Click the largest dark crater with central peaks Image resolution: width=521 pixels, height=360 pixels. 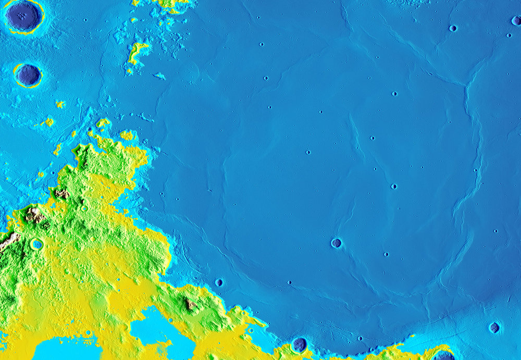[x=23, y=16]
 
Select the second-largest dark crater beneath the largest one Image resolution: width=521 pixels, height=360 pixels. [x=28, y=76]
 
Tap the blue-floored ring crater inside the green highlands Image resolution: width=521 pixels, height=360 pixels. [x=36, y=244]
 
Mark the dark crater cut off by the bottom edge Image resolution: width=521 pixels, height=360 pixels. [x=443, y=356]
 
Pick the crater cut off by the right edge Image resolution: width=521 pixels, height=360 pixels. [x=516, y=21]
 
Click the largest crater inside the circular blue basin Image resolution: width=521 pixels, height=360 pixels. [x=336, y=243]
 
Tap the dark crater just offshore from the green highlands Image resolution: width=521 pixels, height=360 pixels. [x=219, y=282]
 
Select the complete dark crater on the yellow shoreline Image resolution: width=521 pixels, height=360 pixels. [x=299, y=344]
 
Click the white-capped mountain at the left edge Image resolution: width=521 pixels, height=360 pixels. [x=8, y=241]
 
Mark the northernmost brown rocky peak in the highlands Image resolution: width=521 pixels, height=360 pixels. [x=61, y=193]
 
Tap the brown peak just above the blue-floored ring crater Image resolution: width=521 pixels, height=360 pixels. [x=34, y=215]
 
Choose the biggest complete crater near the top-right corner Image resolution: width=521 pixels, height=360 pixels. [x=453, y=28]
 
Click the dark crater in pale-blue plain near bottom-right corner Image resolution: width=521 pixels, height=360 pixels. [x=494, y=327]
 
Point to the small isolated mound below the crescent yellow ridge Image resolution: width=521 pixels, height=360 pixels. [x=159, y=77]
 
